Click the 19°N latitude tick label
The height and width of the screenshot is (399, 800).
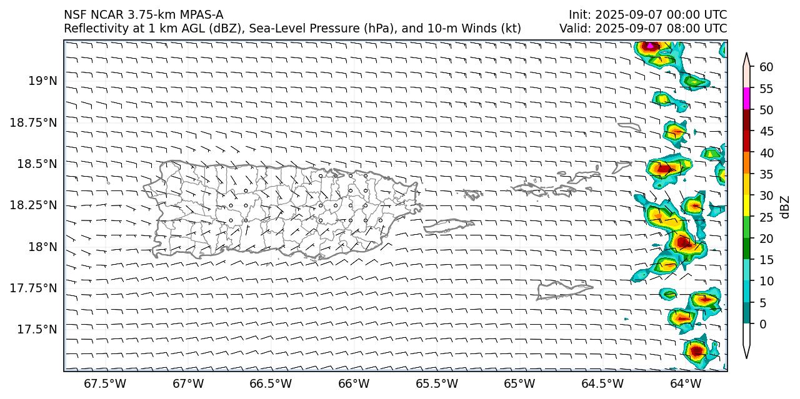[42, 81]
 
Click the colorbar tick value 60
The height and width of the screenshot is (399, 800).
[766, 67]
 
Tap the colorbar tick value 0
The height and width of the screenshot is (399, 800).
[762, 324]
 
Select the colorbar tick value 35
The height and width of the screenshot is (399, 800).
[766, 174]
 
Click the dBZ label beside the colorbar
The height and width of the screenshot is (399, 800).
[785, 207]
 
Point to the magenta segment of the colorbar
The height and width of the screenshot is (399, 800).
[746, 99]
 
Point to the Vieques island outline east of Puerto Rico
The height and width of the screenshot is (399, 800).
[449, 225]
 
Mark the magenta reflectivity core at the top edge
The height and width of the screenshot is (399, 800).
[651, 46]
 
